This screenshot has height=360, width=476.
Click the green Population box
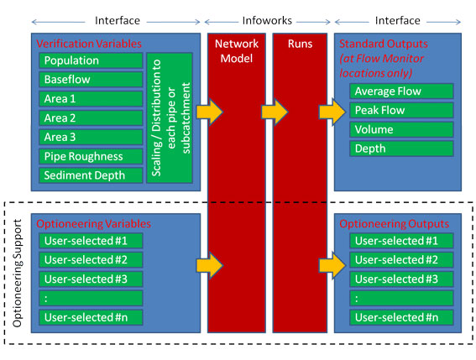click(x=91, y=60)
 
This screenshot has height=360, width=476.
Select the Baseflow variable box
click(x=91, y=80)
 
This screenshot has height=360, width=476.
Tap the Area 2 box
click(x=91, y=117)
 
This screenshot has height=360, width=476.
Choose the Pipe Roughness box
click(x=91, y=156)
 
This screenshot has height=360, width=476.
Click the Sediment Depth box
click(x=91, y=175)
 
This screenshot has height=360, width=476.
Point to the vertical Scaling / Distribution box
click(x=170, y=117)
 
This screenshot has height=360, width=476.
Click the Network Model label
click(x=237, y=50)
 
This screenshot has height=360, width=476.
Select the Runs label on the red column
click(x=300, y=44)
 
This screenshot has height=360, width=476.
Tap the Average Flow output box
click(x=401, y=91)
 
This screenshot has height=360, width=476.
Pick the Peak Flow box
click(x=401, y=110)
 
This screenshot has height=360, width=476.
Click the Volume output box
click(x=401, y=129)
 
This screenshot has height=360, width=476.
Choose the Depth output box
click(x=401, y=149)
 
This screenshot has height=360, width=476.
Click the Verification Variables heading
click(x=89, y=44)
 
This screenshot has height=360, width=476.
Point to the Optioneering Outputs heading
click(x=394, y=224)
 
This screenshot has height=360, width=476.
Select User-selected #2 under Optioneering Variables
click(x=91, y=260)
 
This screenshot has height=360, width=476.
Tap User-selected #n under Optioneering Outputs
click(x=401, y=317)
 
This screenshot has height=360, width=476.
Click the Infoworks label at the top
click(x=267, y=21)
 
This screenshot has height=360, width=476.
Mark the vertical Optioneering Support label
click(x=18, y=273)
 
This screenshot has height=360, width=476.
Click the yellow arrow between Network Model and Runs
click(x=275, y=112)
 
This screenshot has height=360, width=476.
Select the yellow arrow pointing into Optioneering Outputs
click(x=332, y=265)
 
